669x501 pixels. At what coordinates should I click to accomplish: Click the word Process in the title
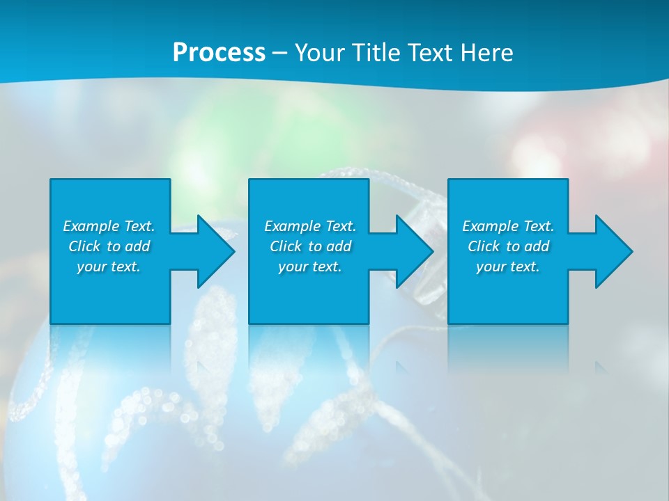point(219,53)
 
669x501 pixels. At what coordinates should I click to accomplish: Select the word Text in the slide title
point(429,53)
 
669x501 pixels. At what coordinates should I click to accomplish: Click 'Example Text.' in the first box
point(109,226)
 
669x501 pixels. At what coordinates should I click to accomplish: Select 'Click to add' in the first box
point(109,246)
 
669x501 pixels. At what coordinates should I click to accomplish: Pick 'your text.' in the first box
point(109,267)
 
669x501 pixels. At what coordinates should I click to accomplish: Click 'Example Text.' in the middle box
point(310,226)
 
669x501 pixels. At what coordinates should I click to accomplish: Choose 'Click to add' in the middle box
point(310,246)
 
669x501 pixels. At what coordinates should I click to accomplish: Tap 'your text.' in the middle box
point(310,267)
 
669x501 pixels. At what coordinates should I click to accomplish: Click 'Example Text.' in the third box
point(508,226)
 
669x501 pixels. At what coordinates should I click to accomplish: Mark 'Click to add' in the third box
point(508,246)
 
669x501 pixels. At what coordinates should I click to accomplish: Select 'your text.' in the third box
point(508,267)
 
